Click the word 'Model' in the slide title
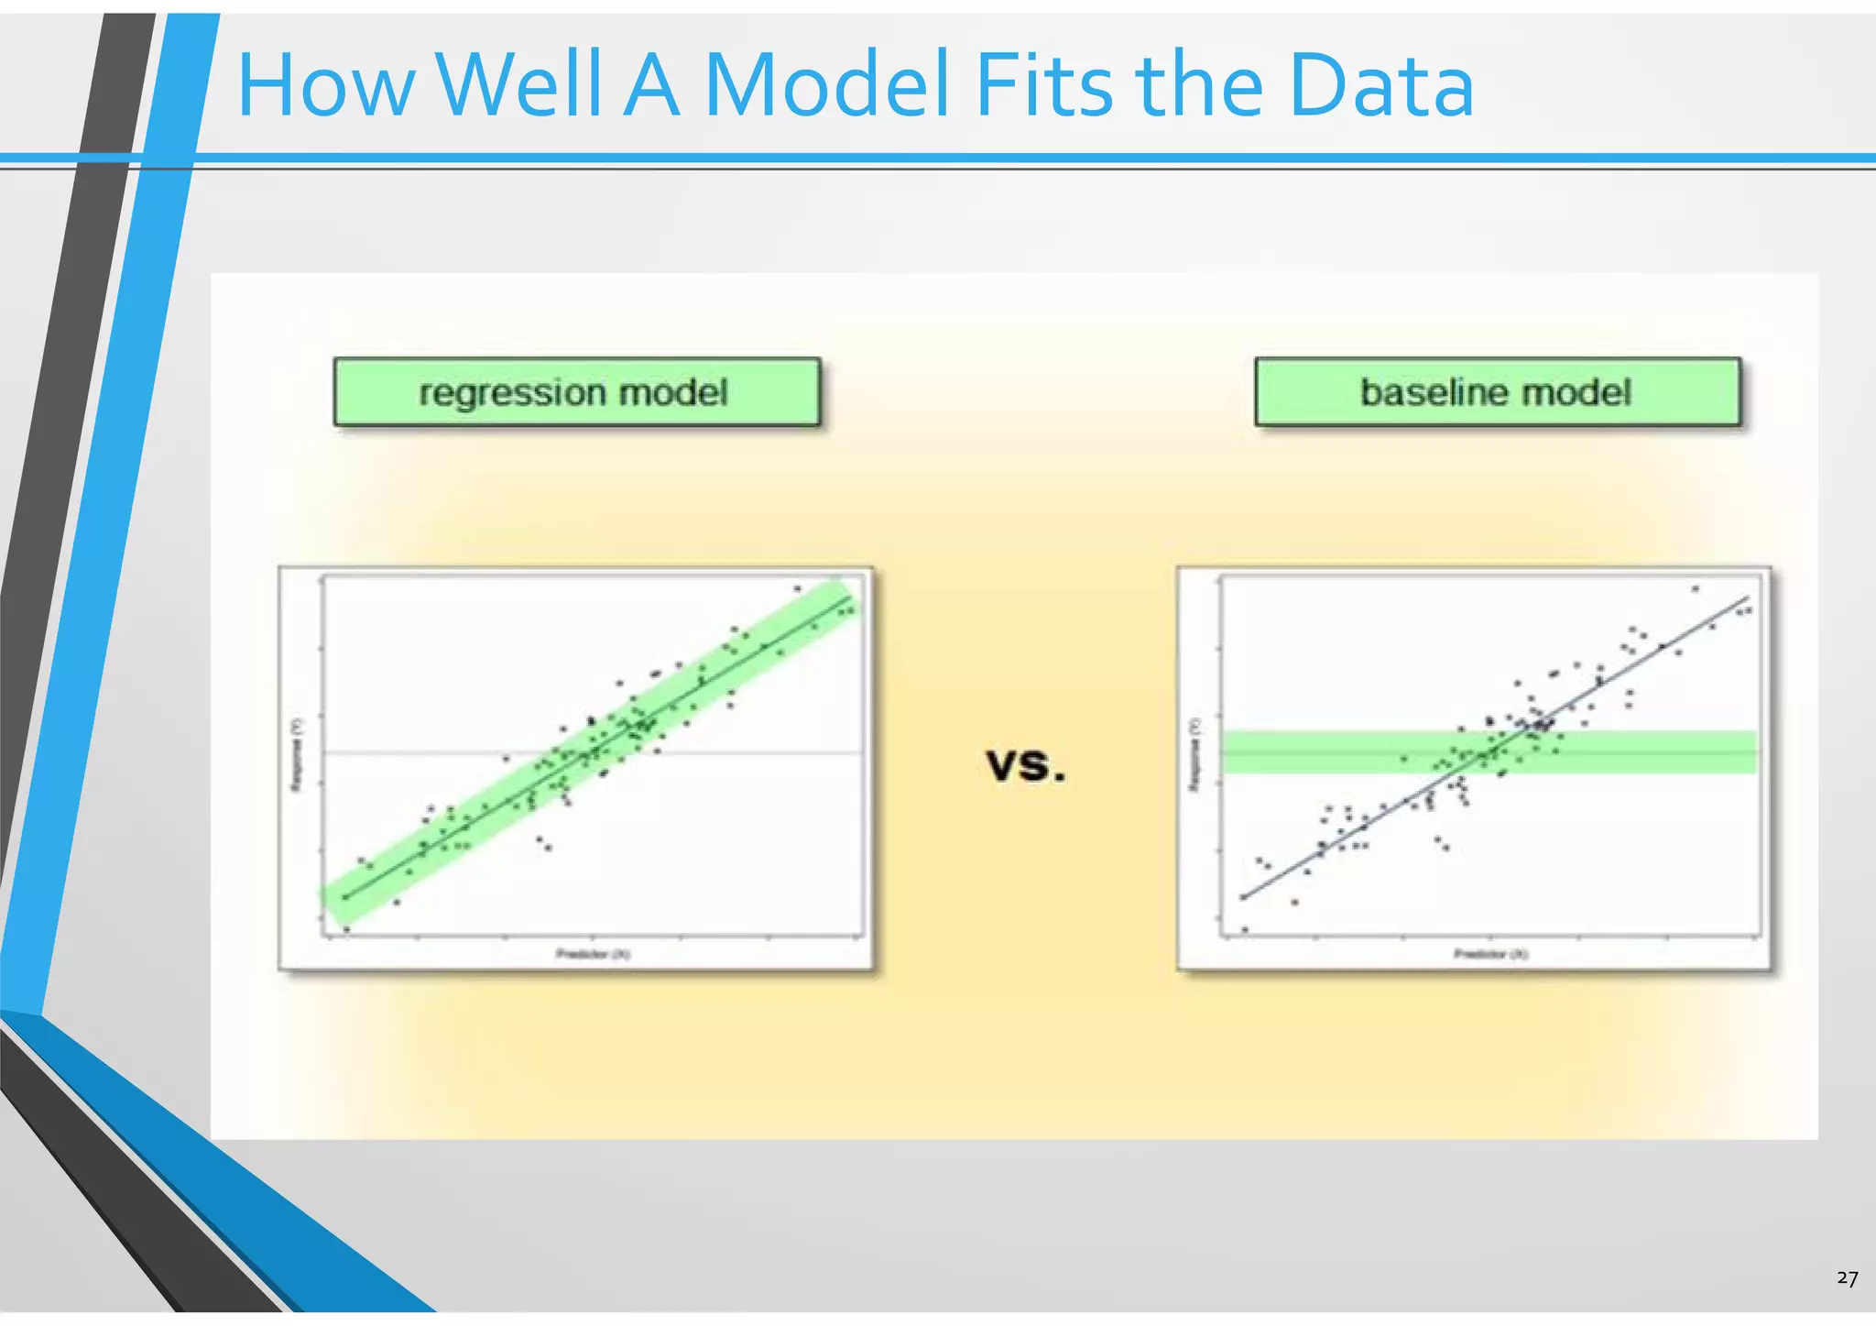(x=826, y=86)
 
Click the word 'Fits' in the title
(x=1044, y=86)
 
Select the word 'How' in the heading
(x=325, y=86)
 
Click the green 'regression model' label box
(x=576, y=392)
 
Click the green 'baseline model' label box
(x=1497, y=392)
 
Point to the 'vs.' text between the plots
(x=1026, y=764)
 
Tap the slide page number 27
(x=1847, y=1278)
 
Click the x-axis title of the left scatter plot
(x=593, y=954)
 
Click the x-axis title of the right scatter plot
(x=1490, y=954)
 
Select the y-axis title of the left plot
(x=296, y=754)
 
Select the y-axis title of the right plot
(x=1194, y=754)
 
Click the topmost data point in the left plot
(x=797, y=588)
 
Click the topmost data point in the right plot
(x=1695, y=588)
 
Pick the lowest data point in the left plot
(x=346, y=929)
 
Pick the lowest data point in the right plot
(x=1244, y=929)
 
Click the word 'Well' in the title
(x=518, y=86)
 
